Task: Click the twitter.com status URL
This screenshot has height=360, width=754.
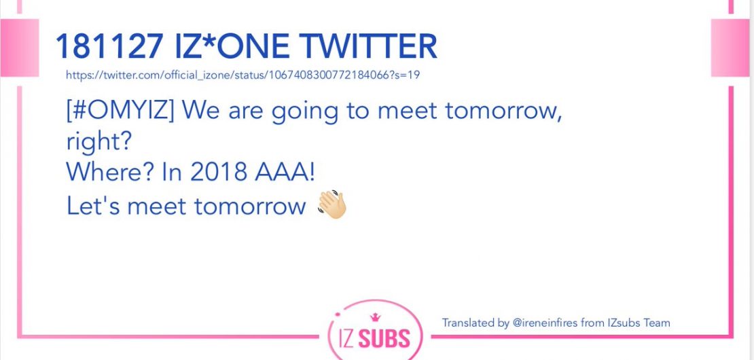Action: [243, 75]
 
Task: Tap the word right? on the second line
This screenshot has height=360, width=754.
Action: [98, 143]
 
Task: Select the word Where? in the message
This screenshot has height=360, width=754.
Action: [109, 173]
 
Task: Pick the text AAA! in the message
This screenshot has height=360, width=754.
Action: [285, 173]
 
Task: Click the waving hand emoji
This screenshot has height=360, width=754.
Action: [331, 205]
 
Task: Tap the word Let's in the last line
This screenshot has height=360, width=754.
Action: [93, 206]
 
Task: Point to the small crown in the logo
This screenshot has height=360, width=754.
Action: [374, 317]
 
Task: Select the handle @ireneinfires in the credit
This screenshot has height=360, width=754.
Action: [545, 323]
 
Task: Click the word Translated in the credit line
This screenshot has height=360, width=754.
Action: [469, 323]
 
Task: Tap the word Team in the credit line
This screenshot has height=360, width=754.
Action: [657, 323]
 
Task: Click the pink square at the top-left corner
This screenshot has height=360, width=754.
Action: [19, 48]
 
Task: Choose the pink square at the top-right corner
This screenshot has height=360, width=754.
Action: [730, 48]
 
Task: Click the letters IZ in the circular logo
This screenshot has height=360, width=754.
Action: [345, 338]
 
